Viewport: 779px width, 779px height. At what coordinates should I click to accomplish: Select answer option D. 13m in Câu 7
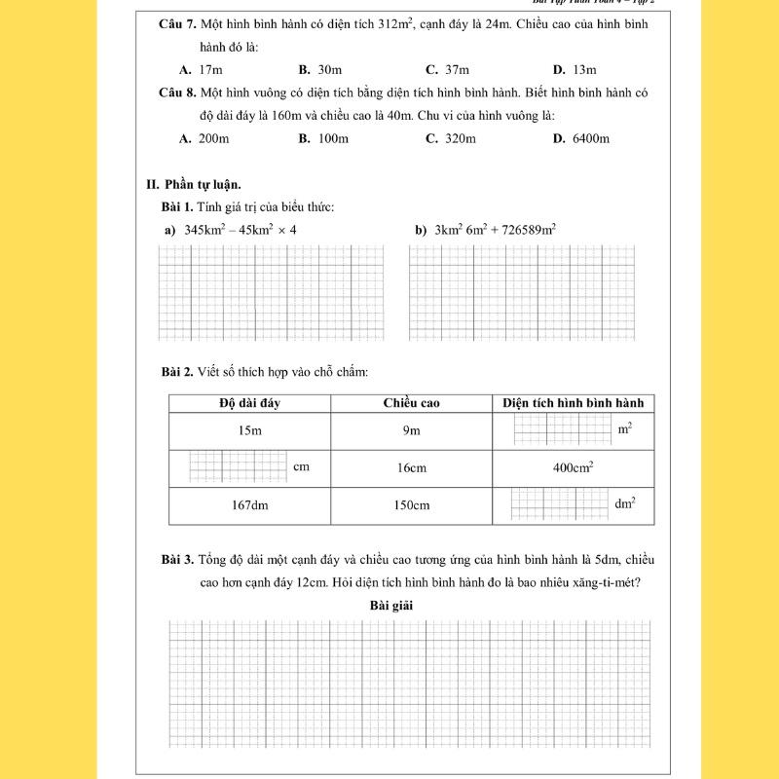(575, 70)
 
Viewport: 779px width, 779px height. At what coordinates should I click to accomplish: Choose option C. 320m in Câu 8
(451, 138)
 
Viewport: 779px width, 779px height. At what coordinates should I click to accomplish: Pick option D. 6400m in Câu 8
(580, 138)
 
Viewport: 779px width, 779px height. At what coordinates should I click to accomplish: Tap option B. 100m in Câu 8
(324, 138)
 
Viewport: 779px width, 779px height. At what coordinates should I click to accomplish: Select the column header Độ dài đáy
(249, 403)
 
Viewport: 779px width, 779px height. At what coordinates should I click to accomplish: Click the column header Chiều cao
(411, 403)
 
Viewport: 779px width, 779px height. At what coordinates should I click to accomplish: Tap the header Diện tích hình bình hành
(574, 403)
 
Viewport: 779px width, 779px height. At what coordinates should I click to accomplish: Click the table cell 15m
(249, 430)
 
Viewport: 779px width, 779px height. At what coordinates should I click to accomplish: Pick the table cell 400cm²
(574, 467)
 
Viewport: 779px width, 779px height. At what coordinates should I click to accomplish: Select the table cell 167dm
(249, 505)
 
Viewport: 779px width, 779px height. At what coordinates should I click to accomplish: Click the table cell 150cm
(411, 505)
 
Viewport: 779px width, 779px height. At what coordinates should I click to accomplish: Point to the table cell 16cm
(411, 468)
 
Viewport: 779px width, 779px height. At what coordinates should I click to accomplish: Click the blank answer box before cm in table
(238, 465)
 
